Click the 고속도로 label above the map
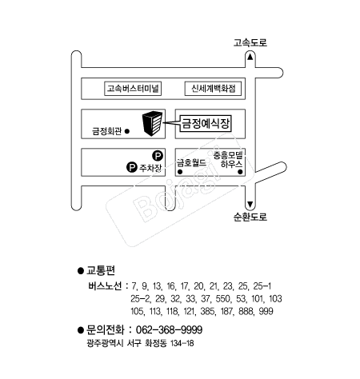click(250, 42)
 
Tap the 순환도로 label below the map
click(250, 217)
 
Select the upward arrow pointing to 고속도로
click(250, 57)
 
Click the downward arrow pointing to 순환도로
click(250, 205)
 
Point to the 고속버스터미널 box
click(133, 89)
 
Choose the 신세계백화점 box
click(213, 89)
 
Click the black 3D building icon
click(152, 124)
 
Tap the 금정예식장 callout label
click(206, 123)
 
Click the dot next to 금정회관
click(127, 131)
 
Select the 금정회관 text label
click(106, 131)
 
